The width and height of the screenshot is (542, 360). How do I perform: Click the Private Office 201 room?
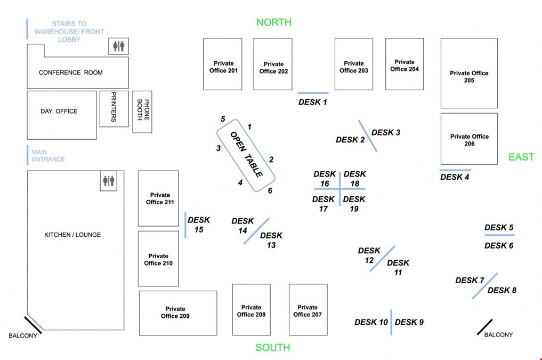click(x=223, y=64)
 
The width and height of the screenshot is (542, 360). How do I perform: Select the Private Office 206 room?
click(x=469, y=139)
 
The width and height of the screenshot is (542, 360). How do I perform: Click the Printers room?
click(x=114, y=109)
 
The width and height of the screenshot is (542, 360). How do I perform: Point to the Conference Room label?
click(x=71, y=73)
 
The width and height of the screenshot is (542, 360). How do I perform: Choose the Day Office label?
click(x=59, y=111)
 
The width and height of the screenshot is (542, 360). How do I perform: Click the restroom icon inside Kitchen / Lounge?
click(x=109, y=181)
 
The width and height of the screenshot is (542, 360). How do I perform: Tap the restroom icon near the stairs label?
click(x=118, y=46)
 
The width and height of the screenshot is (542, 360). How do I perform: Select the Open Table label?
click(x=246, y=154)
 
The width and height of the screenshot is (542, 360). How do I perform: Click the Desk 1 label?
click(x=312, y=102)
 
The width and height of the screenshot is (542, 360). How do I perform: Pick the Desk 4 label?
click(x=455, y=177)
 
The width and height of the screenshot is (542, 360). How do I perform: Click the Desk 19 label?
click(x=354, y=204)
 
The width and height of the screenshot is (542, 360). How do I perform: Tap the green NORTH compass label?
click(x=274, y=22)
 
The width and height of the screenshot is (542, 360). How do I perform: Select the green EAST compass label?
click(x=521, y=157)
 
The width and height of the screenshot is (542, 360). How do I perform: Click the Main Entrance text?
click(x=48, y=155)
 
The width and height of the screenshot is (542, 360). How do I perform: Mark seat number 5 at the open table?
click(x=223, y=119)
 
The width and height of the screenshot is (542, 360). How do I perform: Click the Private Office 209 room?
click(x=178, y=313)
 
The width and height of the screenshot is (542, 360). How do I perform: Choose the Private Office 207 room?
click(x=308, y=309)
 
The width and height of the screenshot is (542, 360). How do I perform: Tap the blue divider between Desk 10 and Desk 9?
click(x=391, y=322)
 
